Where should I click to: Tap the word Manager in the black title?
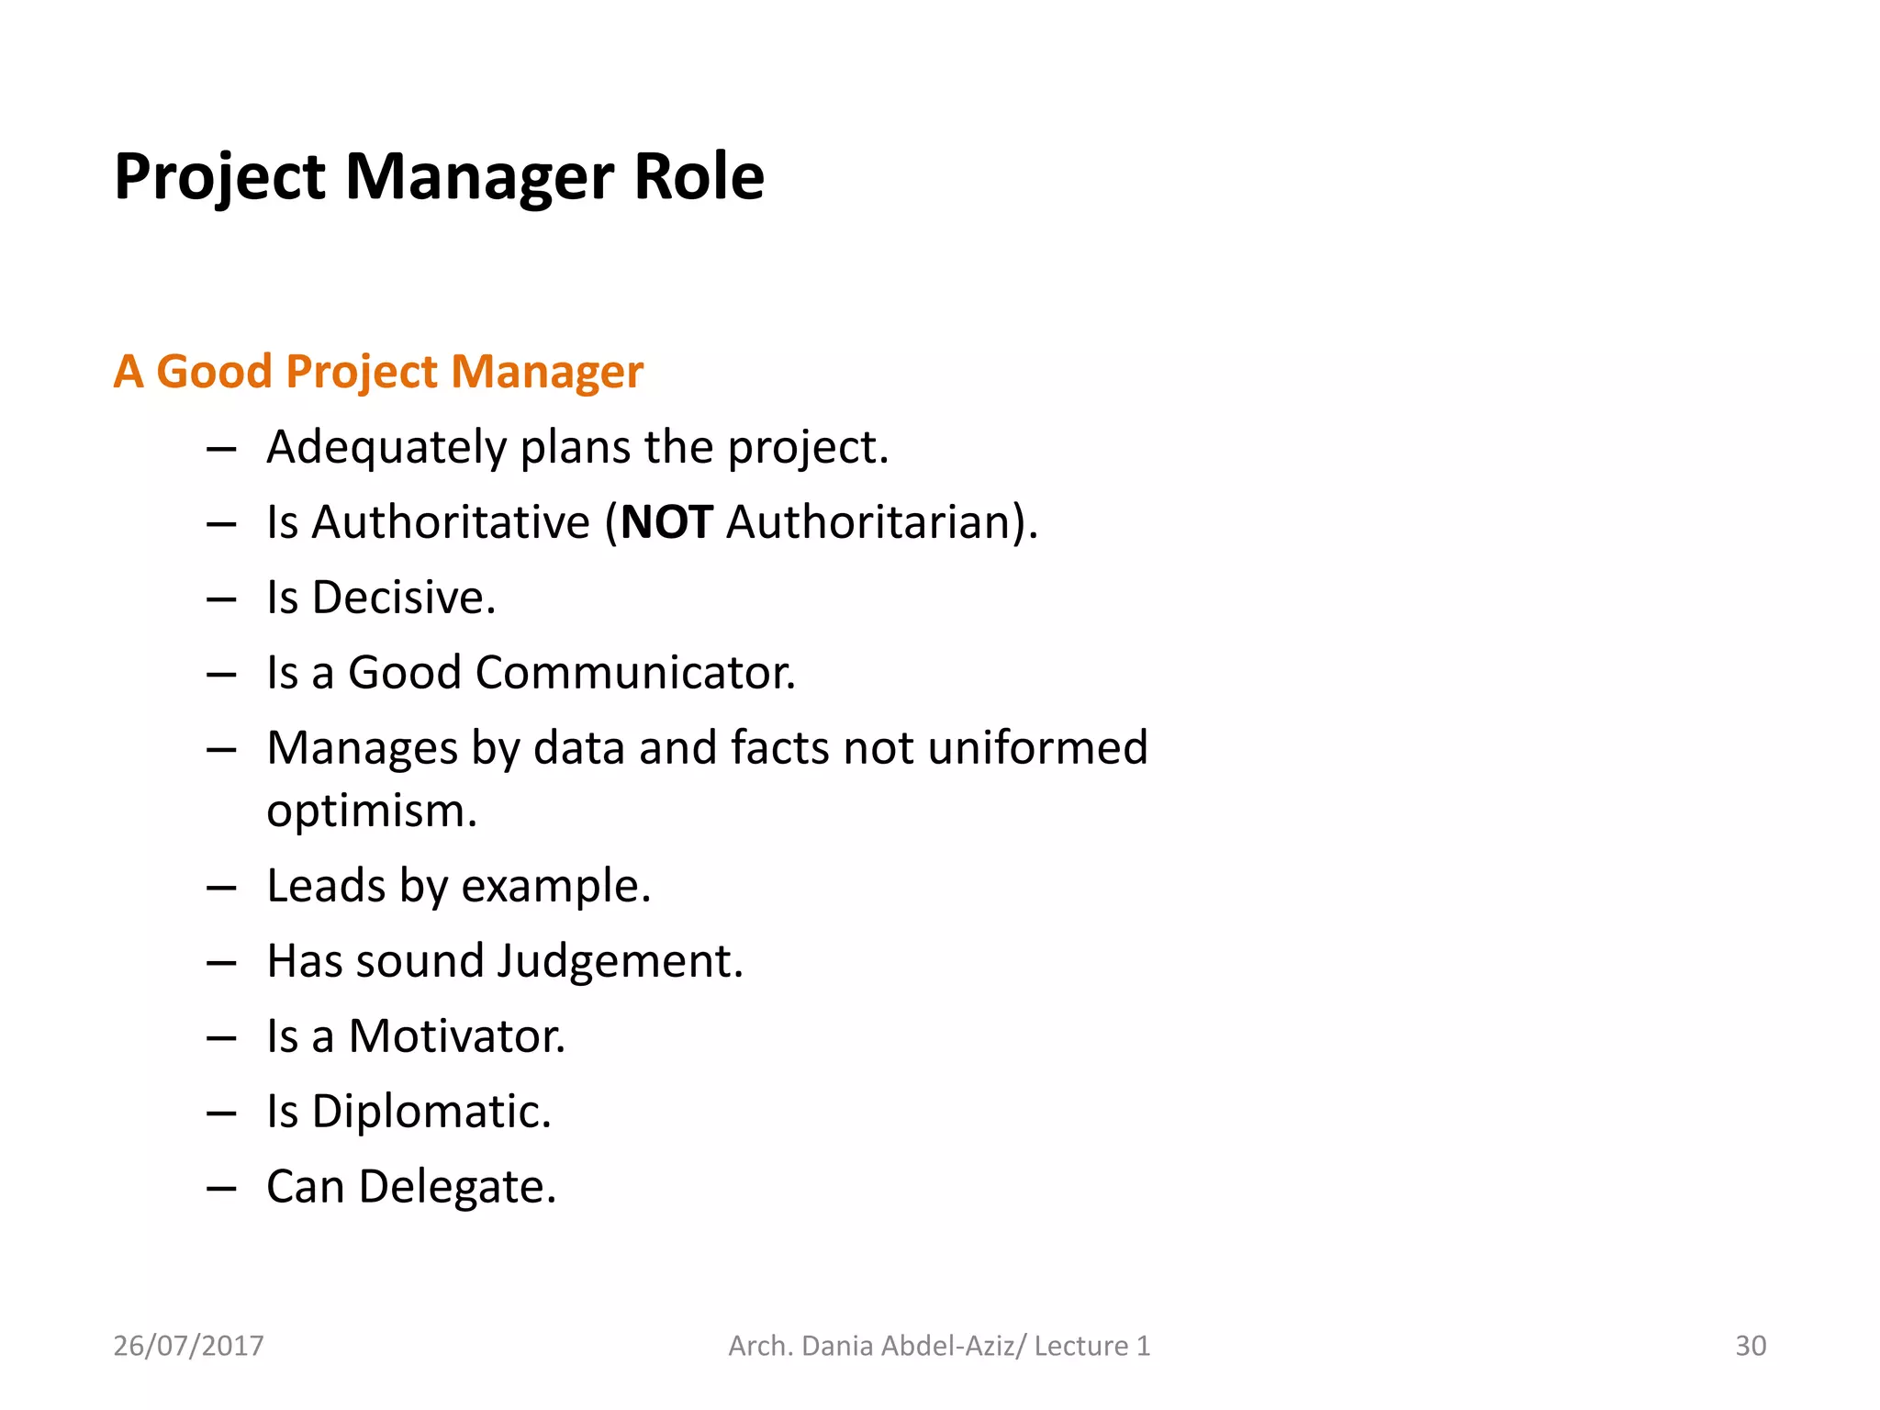[x=478, y=176]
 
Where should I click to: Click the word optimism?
[x=371, y=811]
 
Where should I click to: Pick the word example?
[x=554, y=887]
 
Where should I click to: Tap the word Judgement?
[x=619, y=961]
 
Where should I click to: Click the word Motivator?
[x=456, y=1036]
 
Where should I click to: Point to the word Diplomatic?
[x=431, y=1112]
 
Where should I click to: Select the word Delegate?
[x=456, y=1187]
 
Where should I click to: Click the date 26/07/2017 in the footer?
[x=188, y=1346]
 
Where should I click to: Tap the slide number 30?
[x=1750, y=1346]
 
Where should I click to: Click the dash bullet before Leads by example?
[x=221, y=889]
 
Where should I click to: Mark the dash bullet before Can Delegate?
[x=221, y=1189]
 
